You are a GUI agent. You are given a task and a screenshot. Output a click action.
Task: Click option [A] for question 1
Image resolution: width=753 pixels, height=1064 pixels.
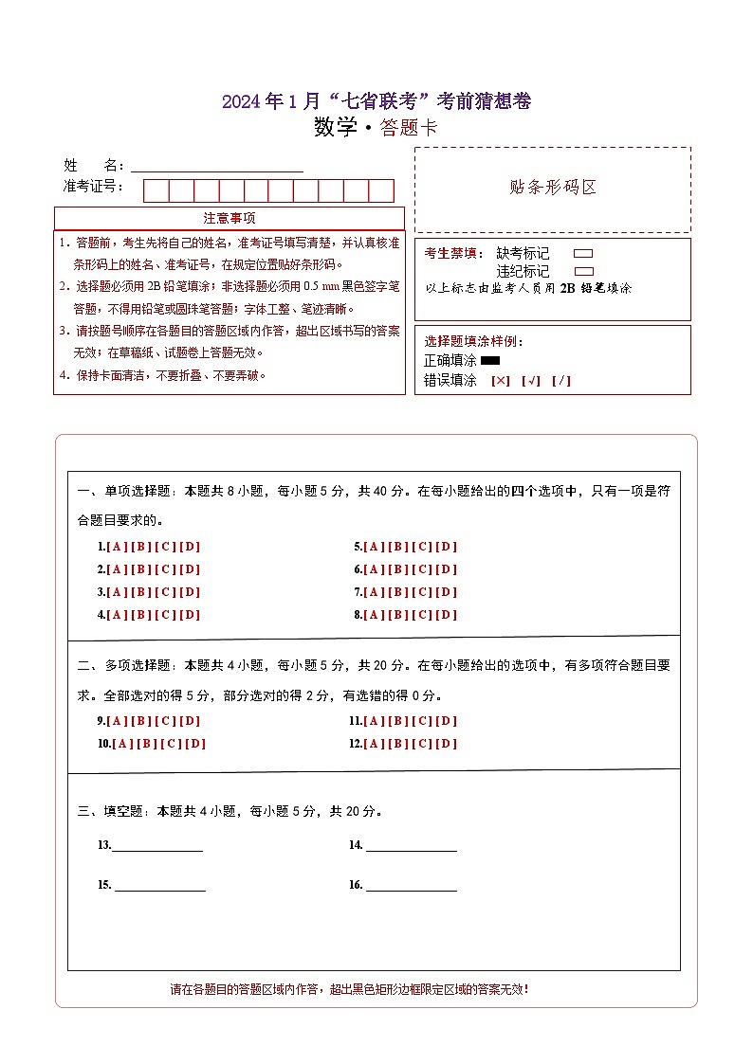click(118, 547)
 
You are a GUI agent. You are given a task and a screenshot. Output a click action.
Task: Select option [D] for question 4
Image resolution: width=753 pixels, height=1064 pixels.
click(190, 615)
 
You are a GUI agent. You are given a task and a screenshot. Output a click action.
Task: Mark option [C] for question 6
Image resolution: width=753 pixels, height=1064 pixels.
click(422, 569)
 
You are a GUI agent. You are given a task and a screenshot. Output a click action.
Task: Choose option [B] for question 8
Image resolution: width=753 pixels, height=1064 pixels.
click(397, 615)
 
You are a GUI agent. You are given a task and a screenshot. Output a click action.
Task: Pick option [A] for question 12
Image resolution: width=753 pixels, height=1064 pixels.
click(374, 744)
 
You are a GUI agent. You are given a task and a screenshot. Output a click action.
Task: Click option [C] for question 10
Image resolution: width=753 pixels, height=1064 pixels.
click(171, 744)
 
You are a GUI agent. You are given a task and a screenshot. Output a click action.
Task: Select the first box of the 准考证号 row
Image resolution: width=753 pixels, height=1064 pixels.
click(156, 190)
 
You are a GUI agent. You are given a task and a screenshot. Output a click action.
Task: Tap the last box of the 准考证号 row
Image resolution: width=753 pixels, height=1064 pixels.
click(381, 190)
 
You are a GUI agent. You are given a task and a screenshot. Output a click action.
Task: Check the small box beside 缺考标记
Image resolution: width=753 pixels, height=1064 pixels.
click(584, 254)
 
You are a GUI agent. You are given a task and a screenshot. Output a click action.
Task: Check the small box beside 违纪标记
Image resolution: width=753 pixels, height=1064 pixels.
click(584, 271)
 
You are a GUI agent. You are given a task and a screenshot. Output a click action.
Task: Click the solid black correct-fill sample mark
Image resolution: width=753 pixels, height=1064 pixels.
click(490, 361)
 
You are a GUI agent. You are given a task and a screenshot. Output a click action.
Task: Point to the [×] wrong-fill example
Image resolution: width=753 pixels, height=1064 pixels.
click(500, 381)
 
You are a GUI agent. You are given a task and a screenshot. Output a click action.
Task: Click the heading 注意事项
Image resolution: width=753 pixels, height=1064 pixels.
click(230, 219)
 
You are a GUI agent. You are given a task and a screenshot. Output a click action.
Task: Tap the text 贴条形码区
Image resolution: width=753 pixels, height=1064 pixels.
click(553, 187)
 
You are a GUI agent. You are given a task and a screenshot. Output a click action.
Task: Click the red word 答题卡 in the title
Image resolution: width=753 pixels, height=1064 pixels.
click(409, 129)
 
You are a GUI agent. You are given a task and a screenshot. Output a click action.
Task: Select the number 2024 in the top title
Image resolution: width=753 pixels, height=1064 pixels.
click(240, 102)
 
